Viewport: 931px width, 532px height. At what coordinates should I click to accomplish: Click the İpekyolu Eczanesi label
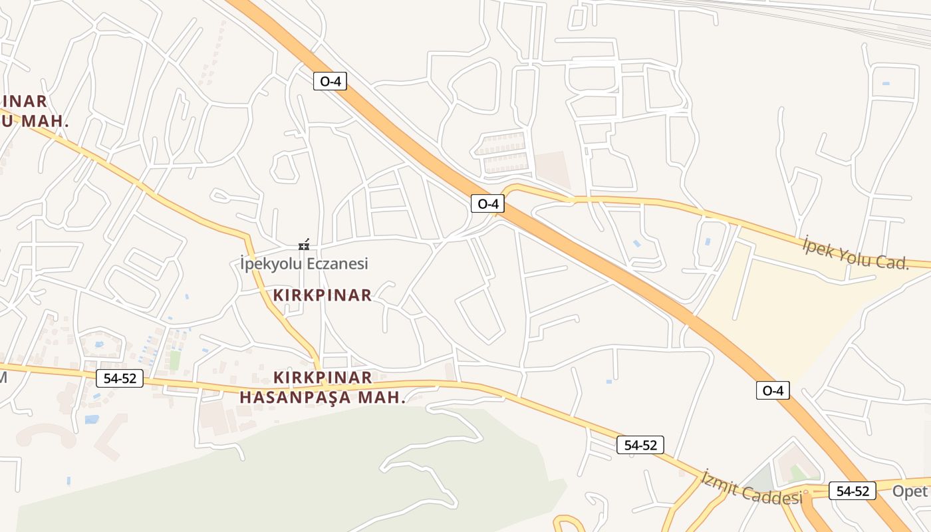point(304,264)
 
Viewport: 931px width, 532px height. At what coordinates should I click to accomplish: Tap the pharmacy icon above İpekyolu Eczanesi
point(304,245)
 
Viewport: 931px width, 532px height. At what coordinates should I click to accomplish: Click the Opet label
point(910,491)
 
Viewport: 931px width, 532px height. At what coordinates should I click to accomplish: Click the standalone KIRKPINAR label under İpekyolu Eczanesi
point(322,295)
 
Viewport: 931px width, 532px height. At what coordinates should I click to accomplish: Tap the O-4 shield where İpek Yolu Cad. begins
point(487,203)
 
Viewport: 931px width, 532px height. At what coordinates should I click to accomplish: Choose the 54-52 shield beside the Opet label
point(853,491)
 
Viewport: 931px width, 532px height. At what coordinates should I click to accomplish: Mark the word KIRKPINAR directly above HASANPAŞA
point(323,378)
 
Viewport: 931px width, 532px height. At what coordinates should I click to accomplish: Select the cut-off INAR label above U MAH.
point(23,102)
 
